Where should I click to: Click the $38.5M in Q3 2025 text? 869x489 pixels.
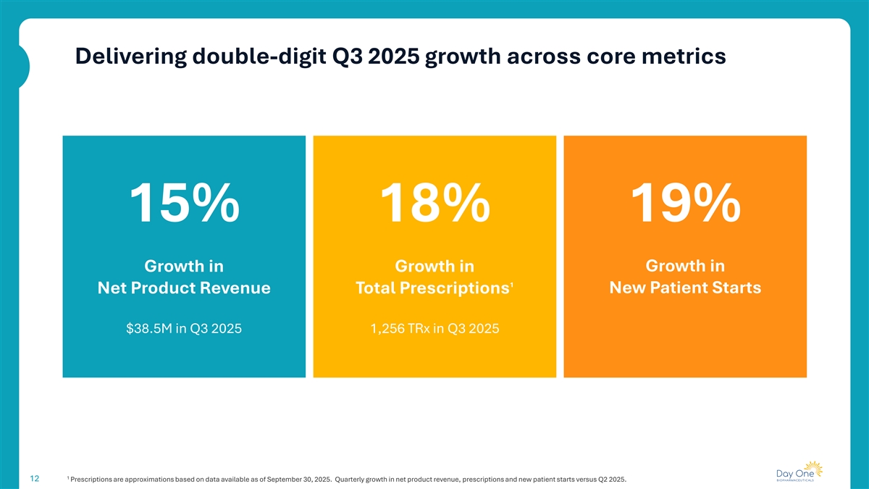(184, 329)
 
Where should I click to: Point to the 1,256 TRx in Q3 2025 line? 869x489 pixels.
(434, 329)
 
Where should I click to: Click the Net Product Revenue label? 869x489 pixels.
(184, 288)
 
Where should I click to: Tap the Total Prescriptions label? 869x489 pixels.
(432, 288)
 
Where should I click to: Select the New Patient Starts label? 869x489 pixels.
(685, 288)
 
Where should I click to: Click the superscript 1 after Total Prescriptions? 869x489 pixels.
(511, 283)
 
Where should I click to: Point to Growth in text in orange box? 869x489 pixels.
(685, 265)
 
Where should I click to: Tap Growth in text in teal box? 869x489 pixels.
(184, 266)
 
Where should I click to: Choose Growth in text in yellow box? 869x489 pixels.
(434, 266)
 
